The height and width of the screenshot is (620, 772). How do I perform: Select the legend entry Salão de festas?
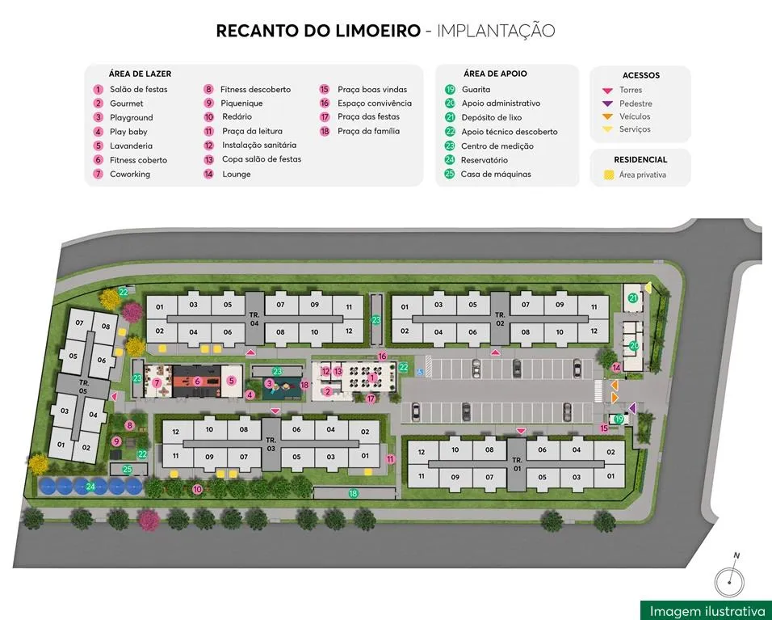pyautogui.click(x=138, y=89)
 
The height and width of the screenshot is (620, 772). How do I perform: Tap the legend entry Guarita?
pyautogui.click(x=476, y=89)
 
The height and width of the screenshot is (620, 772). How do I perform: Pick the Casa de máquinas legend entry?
pyautogui.click(x=495, y=174)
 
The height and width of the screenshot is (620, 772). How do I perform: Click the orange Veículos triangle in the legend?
pyautogui.click(x=607, y=116)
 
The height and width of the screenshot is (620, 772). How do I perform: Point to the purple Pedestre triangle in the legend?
pyautogui.click(x=607, y=103)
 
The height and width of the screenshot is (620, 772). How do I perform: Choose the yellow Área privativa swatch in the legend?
pyautogui.click(x=608, y=175)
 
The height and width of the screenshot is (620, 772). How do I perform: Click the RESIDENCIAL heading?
pyautogui.click(x=640, y=160)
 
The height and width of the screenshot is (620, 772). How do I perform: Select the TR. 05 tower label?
pyautogui.click(x=83, y=385)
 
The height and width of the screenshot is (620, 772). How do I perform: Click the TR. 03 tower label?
pyautogui.click(x=271, y=444)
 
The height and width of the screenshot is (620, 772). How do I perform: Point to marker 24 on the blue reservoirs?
pyautogui.click(x=91, y=486)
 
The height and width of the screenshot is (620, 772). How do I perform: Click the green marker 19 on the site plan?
pyautogui.click(x=619, y=419)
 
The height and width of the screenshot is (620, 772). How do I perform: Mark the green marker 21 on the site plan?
pyautogui.click(x=633, y=298)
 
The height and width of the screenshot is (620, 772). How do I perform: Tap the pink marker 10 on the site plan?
pyautogui.click(x=197, y=489)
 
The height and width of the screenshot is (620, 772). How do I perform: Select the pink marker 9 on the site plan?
pyautogui.click(x=117, y=441)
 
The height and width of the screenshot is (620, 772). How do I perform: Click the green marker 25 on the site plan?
pyautogui.click(x=127, y=470)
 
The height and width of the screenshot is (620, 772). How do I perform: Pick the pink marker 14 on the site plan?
pyautogui.click(x=616, y=369)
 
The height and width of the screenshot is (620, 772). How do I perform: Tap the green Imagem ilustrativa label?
pyautogui.click(x=706, y=610)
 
